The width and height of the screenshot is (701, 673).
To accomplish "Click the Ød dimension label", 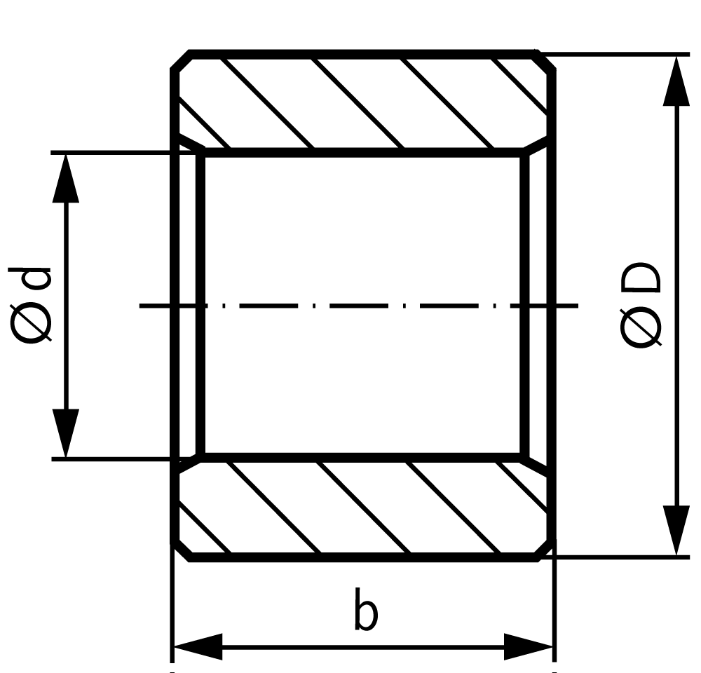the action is point(29,306).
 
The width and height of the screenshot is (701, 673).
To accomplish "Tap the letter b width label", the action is point(366,609).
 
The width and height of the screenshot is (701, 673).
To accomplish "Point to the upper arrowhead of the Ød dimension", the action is point(66,178).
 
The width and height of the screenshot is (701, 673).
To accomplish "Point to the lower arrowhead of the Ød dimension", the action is point(66,433).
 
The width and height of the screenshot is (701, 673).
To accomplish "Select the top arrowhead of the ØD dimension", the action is point(676,81).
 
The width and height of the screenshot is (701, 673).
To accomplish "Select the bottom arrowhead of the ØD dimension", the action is point(676,531).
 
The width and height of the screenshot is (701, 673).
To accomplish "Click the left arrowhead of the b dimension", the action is point(198,646).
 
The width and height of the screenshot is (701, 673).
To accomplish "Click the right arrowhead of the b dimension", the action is point(529,646).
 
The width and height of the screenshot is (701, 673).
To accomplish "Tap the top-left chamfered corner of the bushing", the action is point(181,60).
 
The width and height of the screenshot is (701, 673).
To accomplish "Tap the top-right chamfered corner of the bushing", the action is point(545,60).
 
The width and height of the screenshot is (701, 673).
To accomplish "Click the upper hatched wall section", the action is point(363,103).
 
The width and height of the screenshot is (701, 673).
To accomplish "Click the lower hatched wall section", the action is point(363,508).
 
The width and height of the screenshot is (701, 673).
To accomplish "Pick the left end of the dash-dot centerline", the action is point(140,306).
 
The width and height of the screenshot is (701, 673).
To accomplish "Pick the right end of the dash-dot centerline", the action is point(578,306).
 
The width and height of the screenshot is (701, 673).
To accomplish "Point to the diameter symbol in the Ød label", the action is point(29,324).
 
